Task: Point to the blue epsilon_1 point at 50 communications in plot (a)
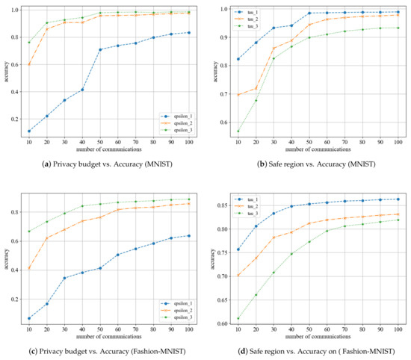coord(100,49)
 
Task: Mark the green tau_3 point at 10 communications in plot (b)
coord(238,131)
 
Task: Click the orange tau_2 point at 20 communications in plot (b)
coord(257,88)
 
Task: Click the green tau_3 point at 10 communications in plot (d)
coord(238,319)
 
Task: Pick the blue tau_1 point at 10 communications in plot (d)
coord(238,249)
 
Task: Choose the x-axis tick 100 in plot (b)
coord(395,142)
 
